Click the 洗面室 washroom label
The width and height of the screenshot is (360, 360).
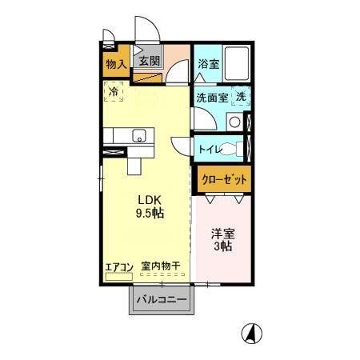point(212,98)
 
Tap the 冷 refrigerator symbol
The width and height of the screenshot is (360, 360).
point(114,92)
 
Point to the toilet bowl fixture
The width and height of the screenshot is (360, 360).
point(236,149)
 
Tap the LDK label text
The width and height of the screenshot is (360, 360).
point(148,200)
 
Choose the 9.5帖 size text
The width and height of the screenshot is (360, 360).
point(149,214)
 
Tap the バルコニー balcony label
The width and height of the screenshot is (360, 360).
point(160,300)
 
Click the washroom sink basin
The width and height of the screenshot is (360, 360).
point(234,122)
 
